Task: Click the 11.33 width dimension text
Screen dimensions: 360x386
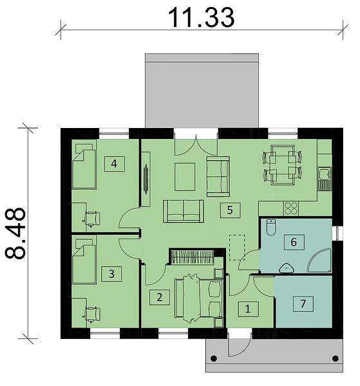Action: tap(201, 17)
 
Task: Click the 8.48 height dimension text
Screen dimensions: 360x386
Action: tap(15, 233)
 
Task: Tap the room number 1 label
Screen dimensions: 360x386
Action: tap(248, 309)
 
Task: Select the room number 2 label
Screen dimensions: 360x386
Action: tap(160, 297)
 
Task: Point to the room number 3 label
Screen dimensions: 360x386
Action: tap(111, 274)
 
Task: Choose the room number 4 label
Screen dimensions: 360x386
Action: tap(114, 163)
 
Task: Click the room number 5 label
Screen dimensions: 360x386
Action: tap(230, 210)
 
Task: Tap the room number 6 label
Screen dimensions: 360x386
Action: tap(294, 243)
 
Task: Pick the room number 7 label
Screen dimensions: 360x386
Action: tap(303, 304)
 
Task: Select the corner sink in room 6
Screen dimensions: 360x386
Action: tap(287, 268)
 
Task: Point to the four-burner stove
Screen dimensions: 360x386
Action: tap(291, 208)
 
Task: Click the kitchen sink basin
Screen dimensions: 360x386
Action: tap(324, 173)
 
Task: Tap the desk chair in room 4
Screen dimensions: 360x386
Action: tap(92, 218)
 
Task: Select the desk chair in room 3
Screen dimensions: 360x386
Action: tap(92, 315)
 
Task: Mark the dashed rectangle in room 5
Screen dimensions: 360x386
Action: tap(237, 248)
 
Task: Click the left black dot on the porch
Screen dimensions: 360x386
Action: tap(214, 358)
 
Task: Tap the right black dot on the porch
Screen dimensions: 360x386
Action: tap(335, 358)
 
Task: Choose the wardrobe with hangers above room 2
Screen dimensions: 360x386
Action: tap(192, 257)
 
